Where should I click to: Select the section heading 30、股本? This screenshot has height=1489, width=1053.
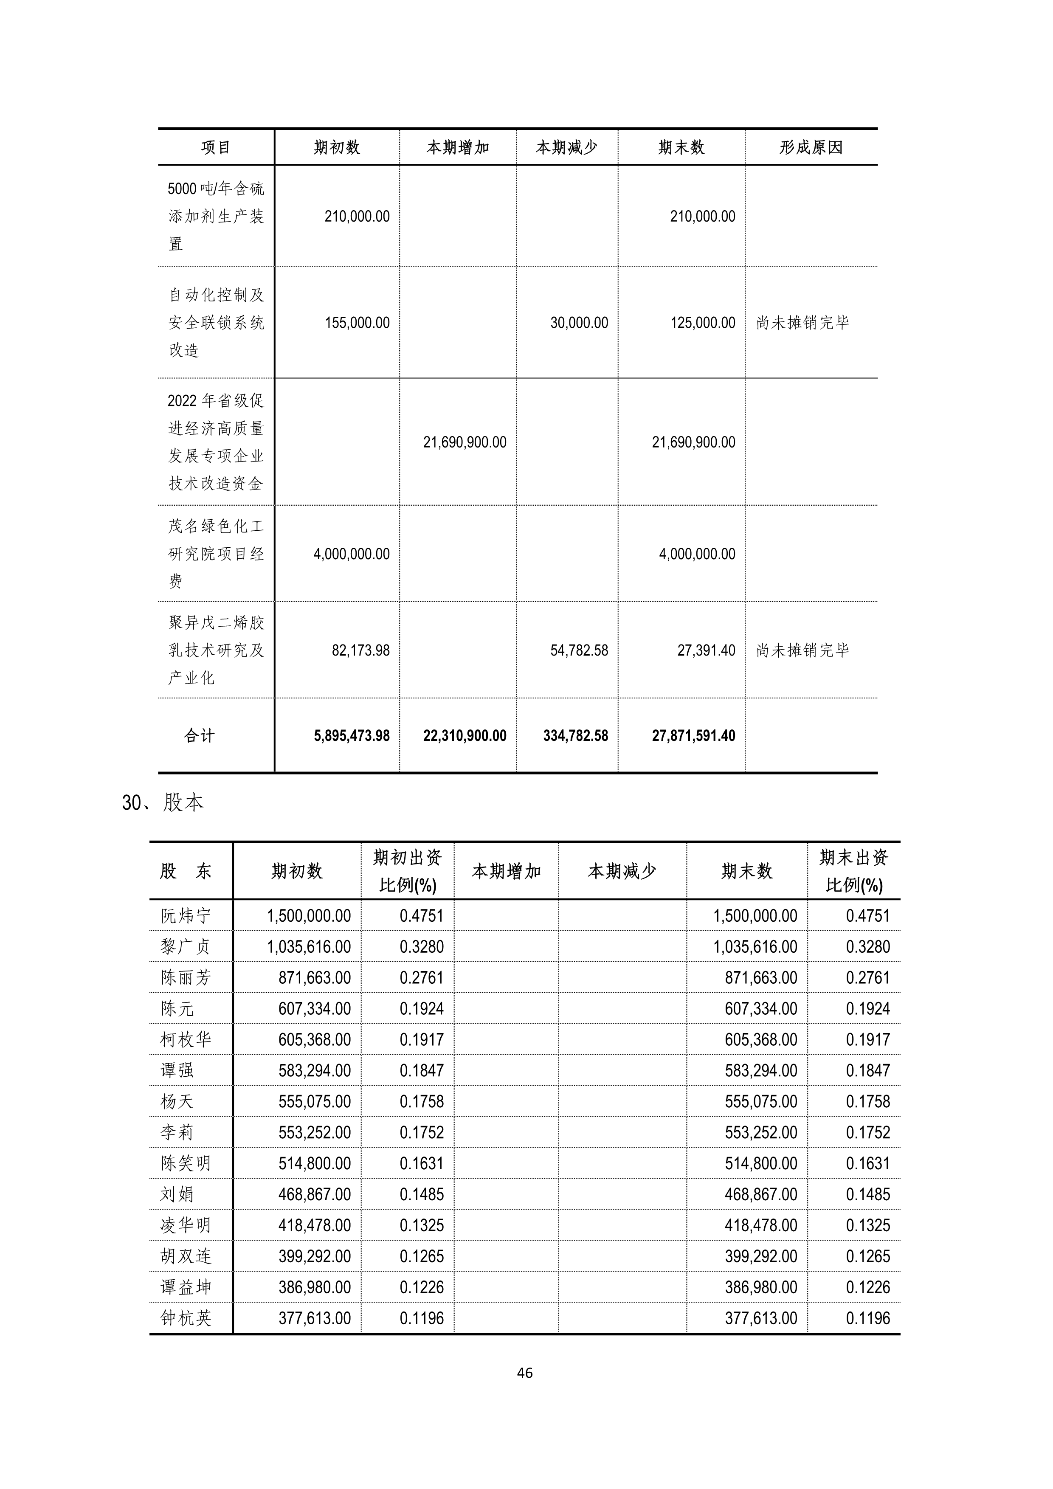(163, 803)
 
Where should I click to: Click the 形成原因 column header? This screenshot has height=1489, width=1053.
(811, 148)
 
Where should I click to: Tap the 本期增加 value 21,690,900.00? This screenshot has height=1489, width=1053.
(464, 442)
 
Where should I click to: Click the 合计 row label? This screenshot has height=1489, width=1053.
(199, 735)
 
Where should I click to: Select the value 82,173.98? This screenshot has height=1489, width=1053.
(360, 650)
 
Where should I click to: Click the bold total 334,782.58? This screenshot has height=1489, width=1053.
(575, 735)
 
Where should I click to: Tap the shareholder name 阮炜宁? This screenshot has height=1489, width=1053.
(186, 916)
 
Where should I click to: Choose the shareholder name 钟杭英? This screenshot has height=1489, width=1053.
(186, 1318)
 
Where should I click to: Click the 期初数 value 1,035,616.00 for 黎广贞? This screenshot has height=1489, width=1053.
(309, 947)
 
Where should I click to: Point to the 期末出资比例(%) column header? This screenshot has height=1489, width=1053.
(853, 871)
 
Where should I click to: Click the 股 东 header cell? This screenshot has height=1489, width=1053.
(186, 871)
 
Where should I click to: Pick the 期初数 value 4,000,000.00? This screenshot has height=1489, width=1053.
(352, 554)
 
